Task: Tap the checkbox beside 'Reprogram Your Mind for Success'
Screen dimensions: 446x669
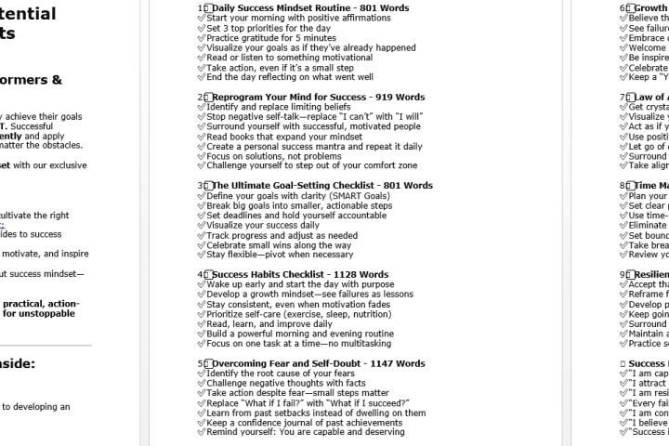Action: coord(208,98)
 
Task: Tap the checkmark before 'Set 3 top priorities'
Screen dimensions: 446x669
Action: coord(201,29)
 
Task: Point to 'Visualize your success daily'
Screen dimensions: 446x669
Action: coord(263,225)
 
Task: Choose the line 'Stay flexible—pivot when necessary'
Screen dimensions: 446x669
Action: coord(280,255)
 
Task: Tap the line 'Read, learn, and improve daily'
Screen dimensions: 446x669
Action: coord(269,324)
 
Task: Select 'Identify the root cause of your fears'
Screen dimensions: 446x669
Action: coord(282,374)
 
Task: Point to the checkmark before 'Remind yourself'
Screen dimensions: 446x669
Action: coord(201,432)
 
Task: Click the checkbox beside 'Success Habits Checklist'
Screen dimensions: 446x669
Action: coord(208,275)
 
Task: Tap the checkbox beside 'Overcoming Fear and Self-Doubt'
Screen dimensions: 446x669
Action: coord(208,364)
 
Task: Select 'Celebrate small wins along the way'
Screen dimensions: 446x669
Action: coord(279,245)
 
